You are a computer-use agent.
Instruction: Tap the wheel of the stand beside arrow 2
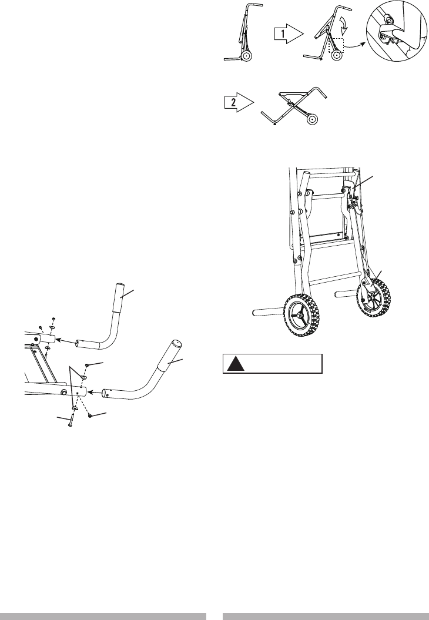(313, 119)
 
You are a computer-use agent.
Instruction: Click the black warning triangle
(237, 364)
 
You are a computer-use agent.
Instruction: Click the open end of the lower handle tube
(106, 391)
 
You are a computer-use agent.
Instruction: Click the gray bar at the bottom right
(326, 615)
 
